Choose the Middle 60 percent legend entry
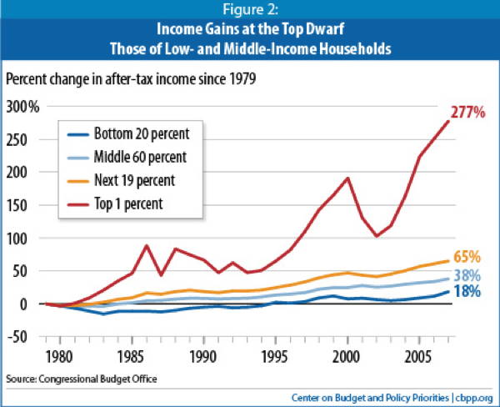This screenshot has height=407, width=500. click(x=141, y=156)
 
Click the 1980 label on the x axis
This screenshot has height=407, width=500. click(x=59, y=355)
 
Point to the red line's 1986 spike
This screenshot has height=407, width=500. click(x=147, y=245)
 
